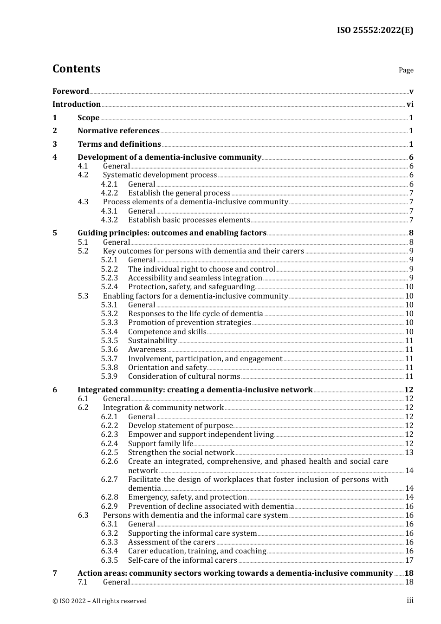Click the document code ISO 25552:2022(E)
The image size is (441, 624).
pyautogui.click(x=375, y=30)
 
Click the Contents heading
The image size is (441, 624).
pyautogui.click(x=76, y=69)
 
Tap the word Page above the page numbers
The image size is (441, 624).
pyautogui.click(x=406, y=70)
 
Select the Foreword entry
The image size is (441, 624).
pyautogui.click(x=71, y=91)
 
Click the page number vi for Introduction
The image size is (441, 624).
pyautogui.click(x=410, y=104)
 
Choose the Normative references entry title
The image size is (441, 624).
pyautogui.click(x=118, y=131)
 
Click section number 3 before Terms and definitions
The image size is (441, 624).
pyautogui.click(x=55, y=144)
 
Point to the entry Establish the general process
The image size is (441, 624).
pyautogui.click(x=179, y=193)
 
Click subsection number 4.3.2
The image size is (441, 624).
pyautogui.click(x=110, y=220)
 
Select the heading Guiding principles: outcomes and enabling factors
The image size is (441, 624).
pyautogui.click(x=172, y=233)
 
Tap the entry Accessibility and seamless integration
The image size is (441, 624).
pyautogui.click(x=195, y=278)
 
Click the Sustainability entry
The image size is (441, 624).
pyautogui.click(x=152, y=341)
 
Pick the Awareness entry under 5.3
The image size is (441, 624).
pyautogui.click(x=147, y=350)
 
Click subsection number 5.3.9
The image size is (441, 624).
pyautogui.click(x=110, y=377)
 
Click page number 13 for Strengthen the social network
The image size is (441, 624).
pyautogui.click(x=409, y=453)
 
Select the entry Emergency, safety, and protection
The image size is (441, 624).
pyautogui.click(x=187, y=497)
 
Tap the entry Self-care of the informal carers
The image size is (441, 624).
pyautogui.click(x=182, y=560)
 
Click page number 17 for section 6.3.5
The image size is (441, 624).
pyautogui.click(x=409, y=560)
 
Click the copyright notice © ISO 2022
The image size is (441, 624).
pyautogui.click(x=99, y=601)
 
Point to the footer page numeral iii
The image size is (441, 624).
pyautogui.click(x=410, y=600)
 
